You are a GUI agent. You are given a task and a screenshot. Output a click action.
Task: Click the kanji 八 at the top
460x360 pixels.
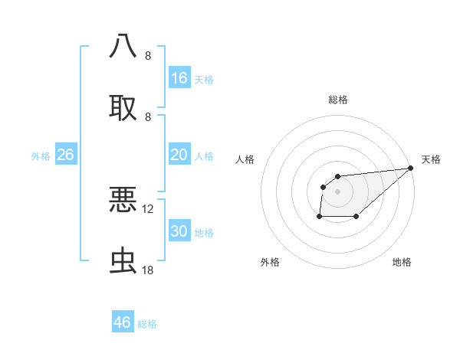[123, 46]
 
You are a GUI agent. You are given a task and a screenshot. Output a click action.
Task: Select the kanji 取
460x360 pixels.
[123, 108]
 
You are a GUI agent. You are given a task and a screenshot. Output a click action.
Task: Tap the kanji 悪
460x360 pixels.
[123, 200]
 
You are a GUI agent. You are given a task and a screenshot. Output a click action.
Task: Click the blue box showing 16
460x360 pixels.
[179, 77]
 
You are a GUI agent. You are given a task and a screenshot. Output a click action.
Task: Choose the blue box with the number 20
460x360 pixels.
[179, 155]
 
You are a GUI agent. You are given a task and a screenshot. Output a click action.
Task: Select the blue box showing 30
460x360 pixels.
[179, 231]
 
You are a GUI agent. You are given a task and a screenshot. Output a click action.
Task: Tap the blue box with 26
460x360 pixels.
[65, 155]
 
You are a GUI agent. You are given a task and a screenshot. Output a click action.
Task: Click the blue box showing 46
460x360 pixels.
[123, 322]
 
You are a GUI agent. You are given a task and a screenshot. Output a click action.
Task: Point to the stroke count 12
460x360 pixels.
[148, 208]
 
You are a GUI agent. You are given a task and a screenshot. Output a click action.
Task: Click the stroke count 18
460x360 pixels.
[148, 270]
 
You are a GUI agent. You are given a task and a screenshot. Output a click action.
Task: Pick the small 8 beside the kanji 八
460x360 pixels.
[148, 56]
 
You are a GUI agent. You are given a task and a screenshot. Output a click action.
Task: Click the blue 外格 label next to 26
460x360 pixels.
[41, 155]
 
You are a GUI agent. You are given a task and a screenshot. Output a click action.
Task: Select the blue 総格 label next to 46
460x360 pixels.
[147, 323]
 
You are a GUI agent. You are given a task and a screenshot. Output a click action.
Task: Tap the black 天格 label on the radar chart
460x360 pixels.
[431, 159]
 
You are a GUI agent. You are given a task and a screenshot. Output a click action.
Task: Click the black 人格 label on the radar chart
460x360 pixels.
[245, 159]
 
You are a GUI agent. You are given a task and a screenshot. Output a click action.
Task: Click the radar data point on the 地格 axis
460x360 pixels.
[356, 217]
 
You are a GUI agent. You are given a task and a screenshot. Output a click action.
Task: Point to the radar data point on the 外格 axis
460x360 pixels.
[319, 217]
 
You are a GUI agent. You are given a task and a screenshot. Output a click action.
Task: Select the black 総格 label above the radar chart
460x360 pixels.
[338, 100]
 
